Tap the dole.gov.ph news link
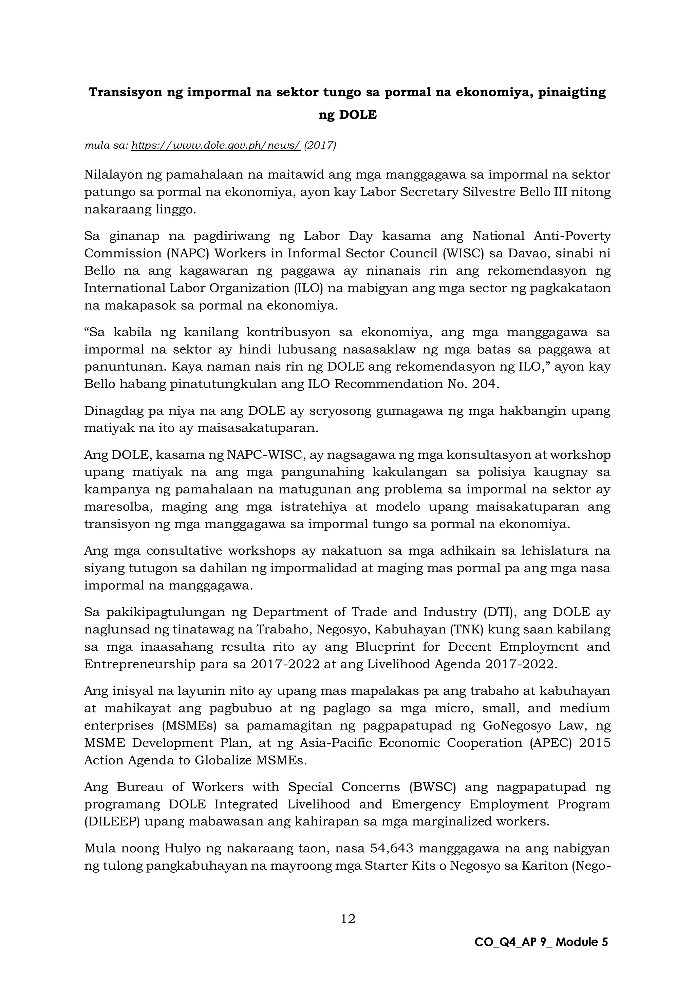pos(216,146)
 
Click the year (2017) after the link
pos(320,146)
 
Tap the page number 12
pos(348,919)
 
